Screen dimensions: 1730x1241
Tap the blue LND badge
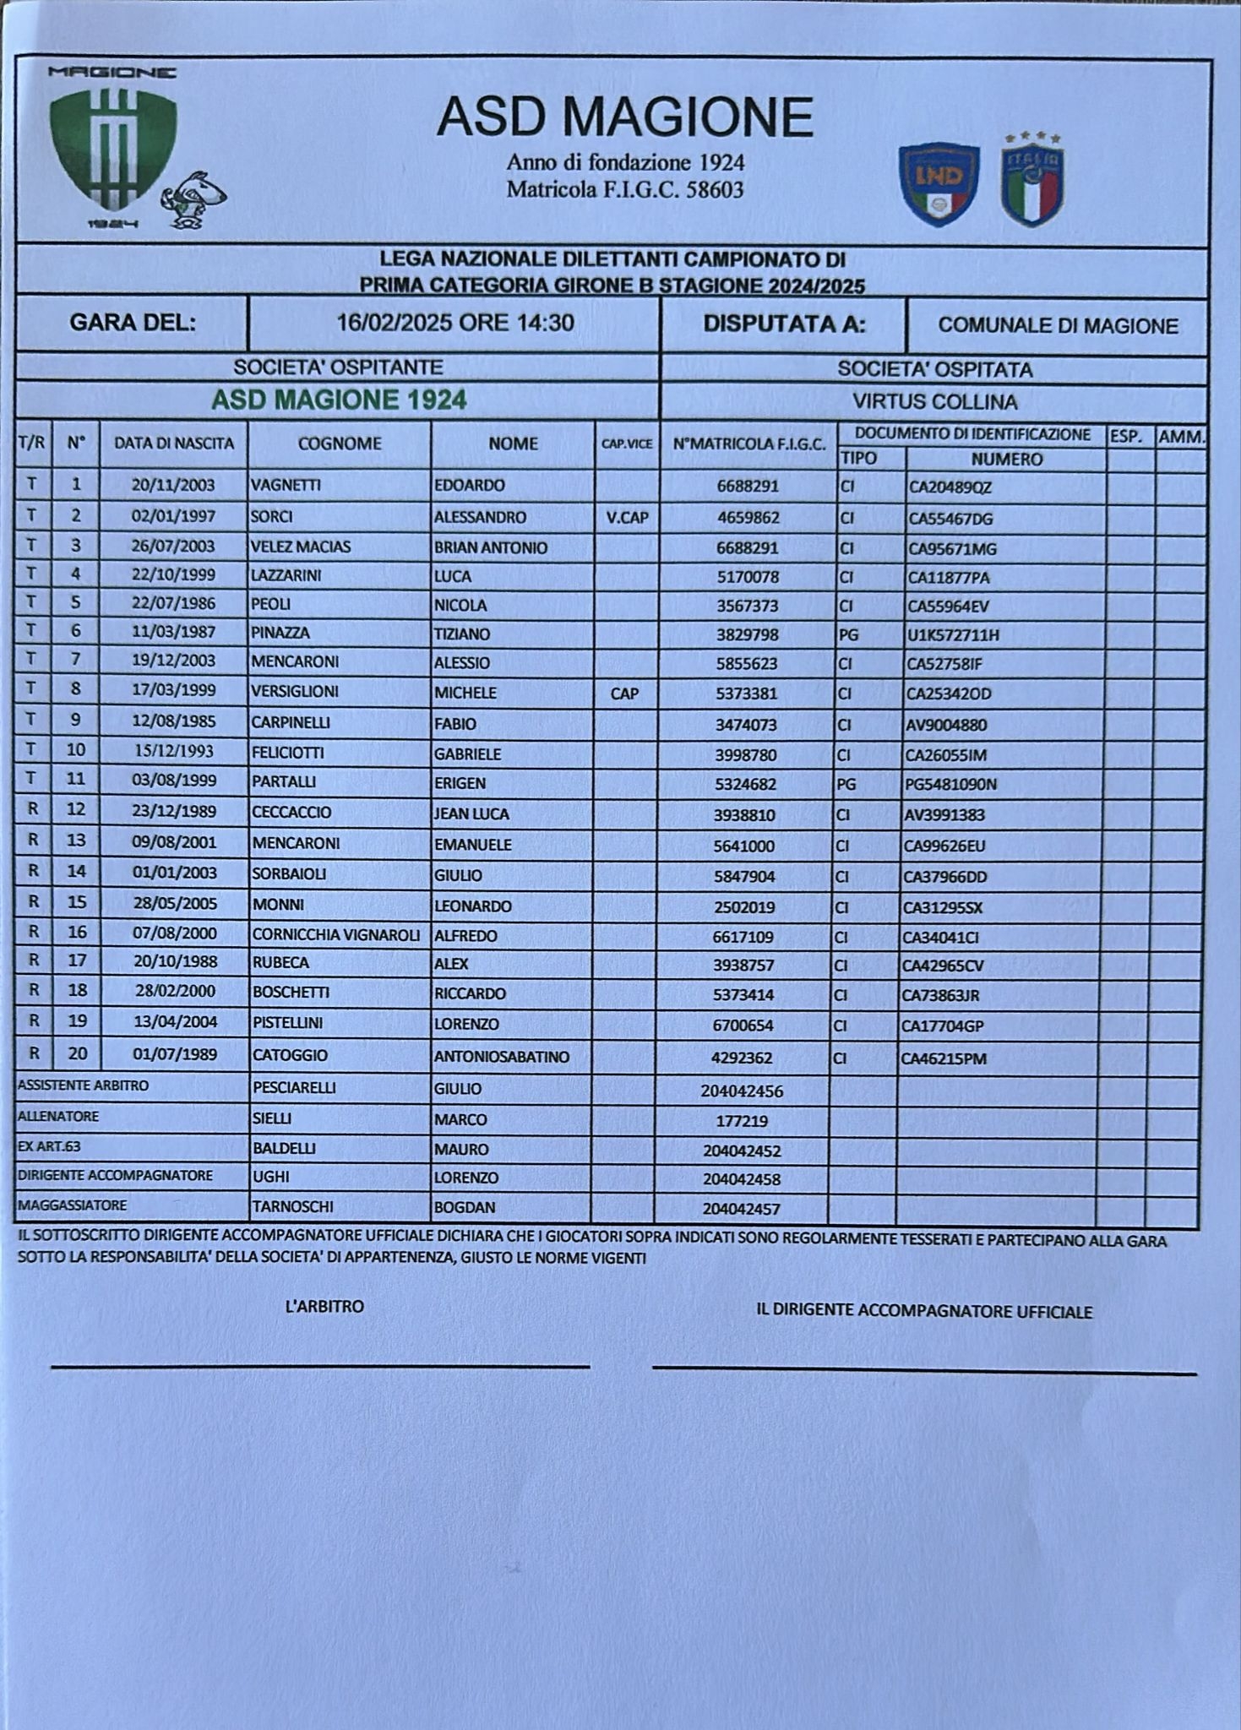939,184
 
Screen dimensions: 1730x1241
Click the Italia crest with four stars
1032,182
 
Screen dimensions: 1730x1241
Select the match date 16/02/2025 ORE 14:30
455,323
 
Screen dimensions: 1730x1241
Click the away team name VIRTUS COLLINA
934,402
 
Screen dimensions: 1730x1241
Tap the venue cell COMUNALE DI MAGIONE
1058,326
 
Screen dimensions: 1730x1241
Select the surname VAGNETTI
286,486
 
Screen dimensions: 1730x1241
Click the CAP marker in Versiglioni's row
624,694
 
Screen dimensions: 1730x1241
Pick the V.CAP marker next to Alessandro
627,518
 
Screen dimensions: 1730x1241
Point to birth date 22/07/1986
173,604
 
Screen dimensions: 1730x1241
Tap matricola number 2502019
745,908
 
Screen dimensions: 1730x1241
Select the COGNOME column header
340,443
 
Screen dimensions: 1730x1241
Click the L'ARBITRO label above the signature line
324,1307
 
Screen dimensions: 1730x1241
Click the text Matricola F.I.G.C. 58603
624,190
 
